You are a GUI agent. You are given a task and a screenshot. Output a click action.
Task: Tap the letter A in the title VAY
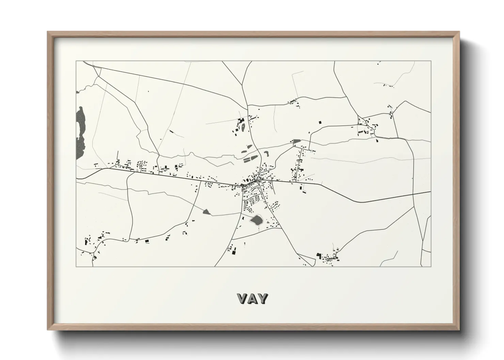pyautogui.click(x=252, y=299)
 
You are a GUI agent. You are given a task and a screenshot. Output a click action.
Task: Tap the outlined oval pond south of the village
pyautogui.click(x=256, y=220)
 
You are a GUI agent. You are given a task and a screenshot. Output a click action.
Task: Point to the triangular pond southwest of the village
pyautogui.click(x=206, y=212)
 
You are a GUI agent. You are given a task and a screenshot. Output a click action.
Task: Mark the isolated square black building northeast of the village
pyautogui.click(x=320, y=122)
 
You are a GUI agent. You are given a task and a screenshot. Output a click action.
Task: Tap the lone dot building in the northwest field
pyautogui.click(x=148, y=91)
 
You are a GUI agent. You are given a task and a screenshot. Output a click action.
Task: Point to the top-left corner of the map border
pyautogui.click(x=76, y=61)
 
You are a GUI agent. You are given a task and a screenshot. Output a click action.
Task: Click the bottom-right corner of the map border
pyautogui.click(x=431, y=266)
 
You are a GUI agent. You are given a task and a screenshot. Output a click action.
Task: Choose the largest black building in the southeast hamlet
pyautogui.click(x=319, y=255)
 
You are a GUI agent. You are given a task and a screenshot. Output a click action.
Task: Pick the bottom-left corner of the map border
pyautogui.click(x=76, y=266)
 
